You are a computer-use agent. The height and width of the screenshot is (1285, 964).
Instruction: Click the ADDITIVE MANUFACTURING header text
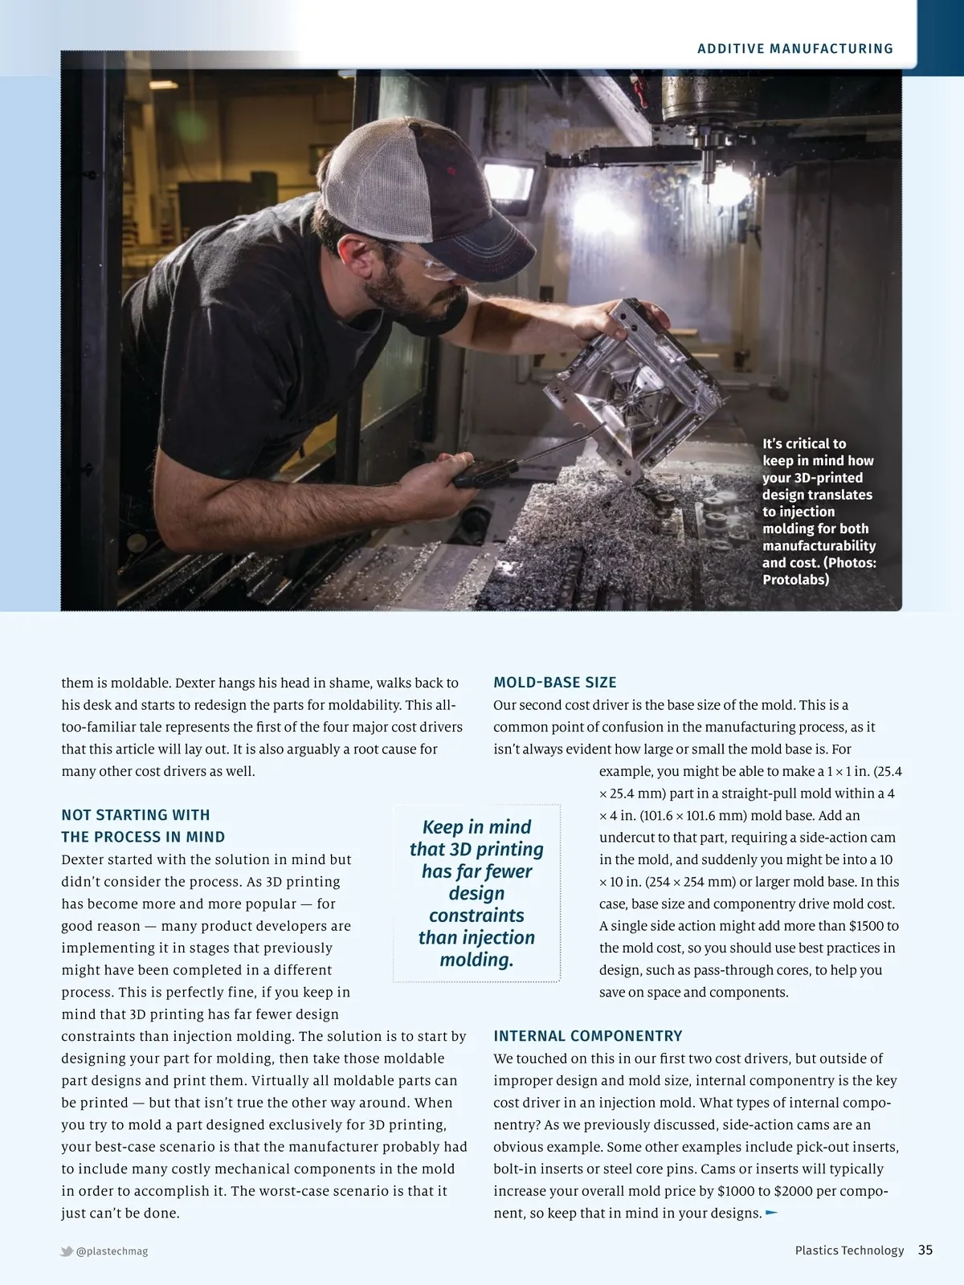click(x=795, y=49)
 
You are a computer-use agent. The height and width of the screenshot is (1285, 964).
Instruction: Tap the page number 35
click(x=925, y=1250)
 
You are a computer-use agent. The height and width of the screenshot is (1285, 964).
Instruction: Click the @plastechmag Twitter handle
click(x=112, y=1250)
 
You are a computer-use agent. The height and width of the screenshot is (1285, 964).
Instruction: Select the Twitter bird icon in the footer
click(x=67, y=1250)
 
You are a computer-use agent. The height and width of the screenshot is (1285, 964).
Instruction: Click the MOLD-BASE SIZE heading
click(x=555, y=683)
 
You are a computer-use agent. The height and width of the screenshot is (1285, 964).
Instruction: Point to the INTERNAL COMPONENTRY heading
click(x=588, y=1036)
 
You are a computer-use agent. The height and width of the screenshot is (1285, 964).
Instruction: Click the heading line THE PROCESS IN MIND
click(x=143, y=837)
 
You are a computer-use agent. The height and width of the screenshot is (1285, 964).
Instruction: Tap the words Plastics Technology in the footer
click(x=849, y=1250)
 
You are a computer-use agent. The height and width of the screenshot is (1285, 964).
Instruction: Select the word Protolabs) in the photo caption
click(x=795, y=580)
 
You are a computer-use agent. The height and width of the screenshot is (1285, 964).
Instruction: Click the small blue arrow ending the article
click(x=772, y=1213)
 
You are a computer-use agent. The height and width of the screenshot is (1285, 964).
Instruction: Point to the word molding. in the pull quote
click(x=476, y=960)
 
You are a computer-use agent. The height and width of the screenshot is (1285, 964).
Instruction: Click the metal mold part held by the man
click(x=635, y=385)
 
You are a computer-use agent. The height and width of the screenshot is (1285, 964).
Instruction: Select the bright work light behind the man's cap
click(x=509, y=181)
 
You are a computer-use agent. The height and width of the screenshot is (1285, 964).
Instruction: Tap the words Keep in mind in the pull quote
click(x=476, y=827)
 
